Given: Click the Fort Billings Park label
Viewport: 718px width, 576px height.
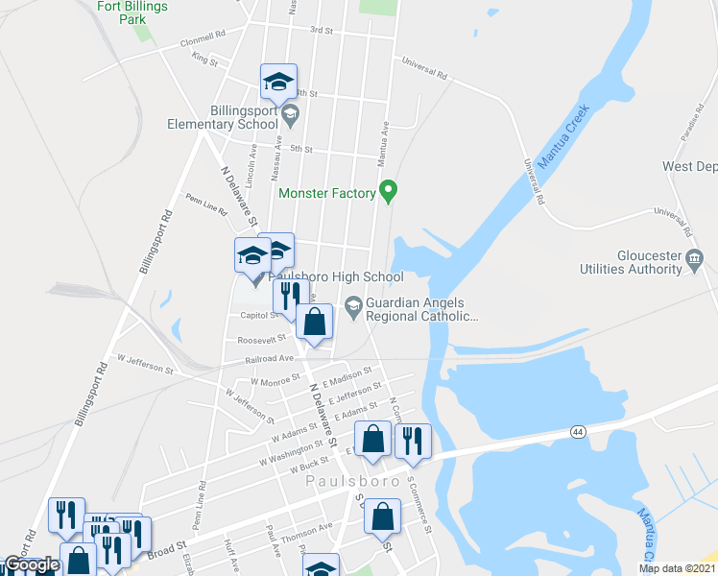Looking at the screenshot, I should click(x=133, y=12).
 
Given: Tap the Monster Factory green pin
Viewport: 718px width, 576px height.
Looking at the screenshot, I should click(x=388, y=191).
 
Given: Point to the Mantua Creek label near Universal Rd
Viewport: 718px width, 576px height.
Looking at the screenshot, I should click(x=562, y=135).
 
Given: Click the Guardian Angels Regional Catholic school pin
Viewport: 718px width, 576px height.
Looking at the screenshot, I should click(x=353, y=307).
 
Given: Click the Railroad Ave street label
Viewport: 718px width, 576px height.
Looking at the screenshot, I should click(x=272, y=358).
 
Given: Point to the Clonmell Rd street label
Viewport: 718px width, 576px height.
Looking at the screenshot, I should click(x=203, y=44).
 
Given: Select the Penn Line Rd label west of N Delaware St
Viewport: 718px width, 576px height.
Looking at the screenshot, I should click(x=204, y=201).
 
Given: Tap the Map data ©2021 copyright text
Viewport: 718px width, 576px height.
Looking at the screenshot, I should click(x=678, y=568).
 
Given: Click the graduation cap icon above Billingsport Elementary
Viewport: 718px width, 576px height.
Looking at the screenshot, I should click(x=278, y=83).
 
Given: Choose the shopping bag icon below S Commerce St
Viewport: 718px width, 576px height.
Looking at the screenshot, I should click(x=382, y=516).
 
